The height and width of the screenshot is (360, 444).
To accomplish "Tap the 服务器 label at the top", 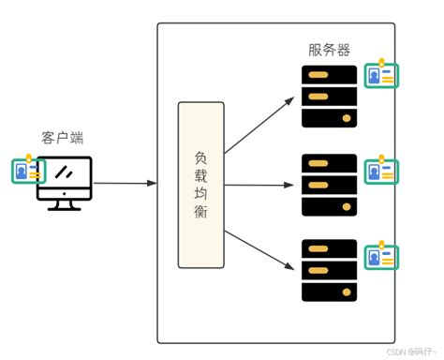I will (330, 49).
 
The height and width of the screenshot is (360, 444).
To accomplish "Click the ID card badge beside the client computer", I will (28, 172).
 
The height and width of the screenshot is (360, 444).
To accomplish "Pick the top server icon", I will (329, 96).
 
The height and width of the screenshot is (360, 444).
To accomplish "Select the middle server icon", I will (329, 184).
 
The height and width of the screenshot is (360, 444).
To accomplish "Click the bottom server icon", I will (329, 270).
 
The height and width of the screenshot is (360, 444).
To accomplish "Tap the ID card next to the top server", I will (381, 75).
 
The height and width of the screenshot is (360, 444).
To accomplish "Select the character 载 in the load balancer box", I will (201, 173).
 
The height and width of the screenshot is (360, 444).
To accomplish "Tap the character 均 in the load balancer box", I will (201, 194).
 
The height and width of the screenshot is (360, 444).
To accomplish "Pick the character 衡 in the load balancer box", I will (201, 215).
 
